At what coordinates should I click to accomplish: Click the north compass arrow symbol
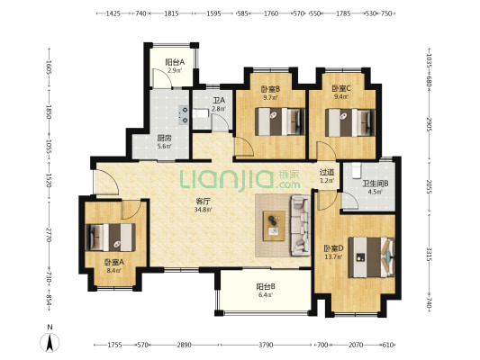pos(50,342)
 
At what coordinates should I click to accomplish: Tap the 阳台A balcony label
pos(175,62)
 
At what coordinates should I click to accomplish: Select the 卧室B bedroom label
pos(270,89)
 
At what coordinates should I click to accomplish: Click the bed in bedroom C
pos(350,122)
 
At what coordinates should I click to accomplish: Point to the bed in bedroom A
pos(110,238)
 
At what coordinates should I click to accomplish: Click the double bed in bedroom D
pos(372,257)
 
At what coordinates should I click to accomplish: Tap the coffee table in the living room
pos(274,226)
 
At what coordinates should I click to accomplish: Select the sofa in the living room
pos(300,226)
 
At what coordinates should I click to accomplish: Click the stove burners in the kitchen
pos(185,114)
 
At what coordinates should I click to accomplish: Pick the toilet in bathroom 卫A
pos(200,113)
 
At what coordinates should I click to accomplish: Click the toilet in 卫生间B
pos(357,170)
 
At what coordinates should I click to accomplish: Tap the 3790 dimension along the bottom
pos(266,345)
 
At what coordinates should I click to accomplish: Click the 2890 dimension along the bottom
pos(184,345)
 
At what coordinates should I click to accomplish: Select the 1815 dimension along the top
pos(171,13)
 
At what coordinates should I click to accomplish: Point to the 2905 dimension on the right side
pos(430,124)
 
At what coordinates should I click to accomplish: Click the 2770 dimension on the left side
pos(49,235)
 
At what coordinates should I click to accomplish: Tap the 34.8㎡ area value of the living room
pos(204,210)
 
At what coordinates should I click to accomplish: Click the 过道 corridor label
pos(327,173)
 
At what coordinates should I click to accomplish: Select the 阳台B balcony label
pos(266,287)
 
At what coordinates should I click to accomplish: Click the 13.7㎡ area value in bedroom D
pos(333,256)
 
